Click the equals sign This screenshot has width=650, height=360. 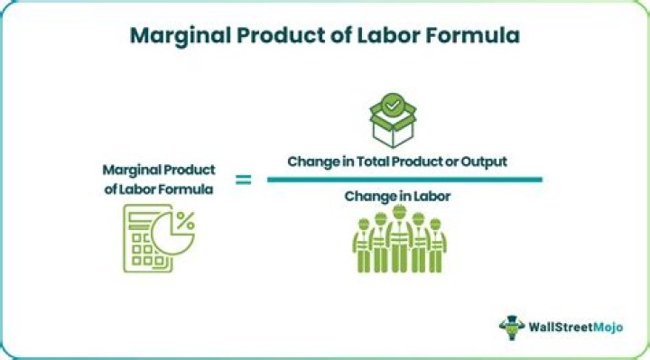click(244, 180)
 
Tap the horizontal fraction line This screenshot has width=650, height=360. click(404, 180)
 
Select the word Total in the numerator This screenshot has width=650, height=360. click(380, 162)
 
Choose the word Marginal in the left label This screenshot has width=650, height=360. click(129, 169)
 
